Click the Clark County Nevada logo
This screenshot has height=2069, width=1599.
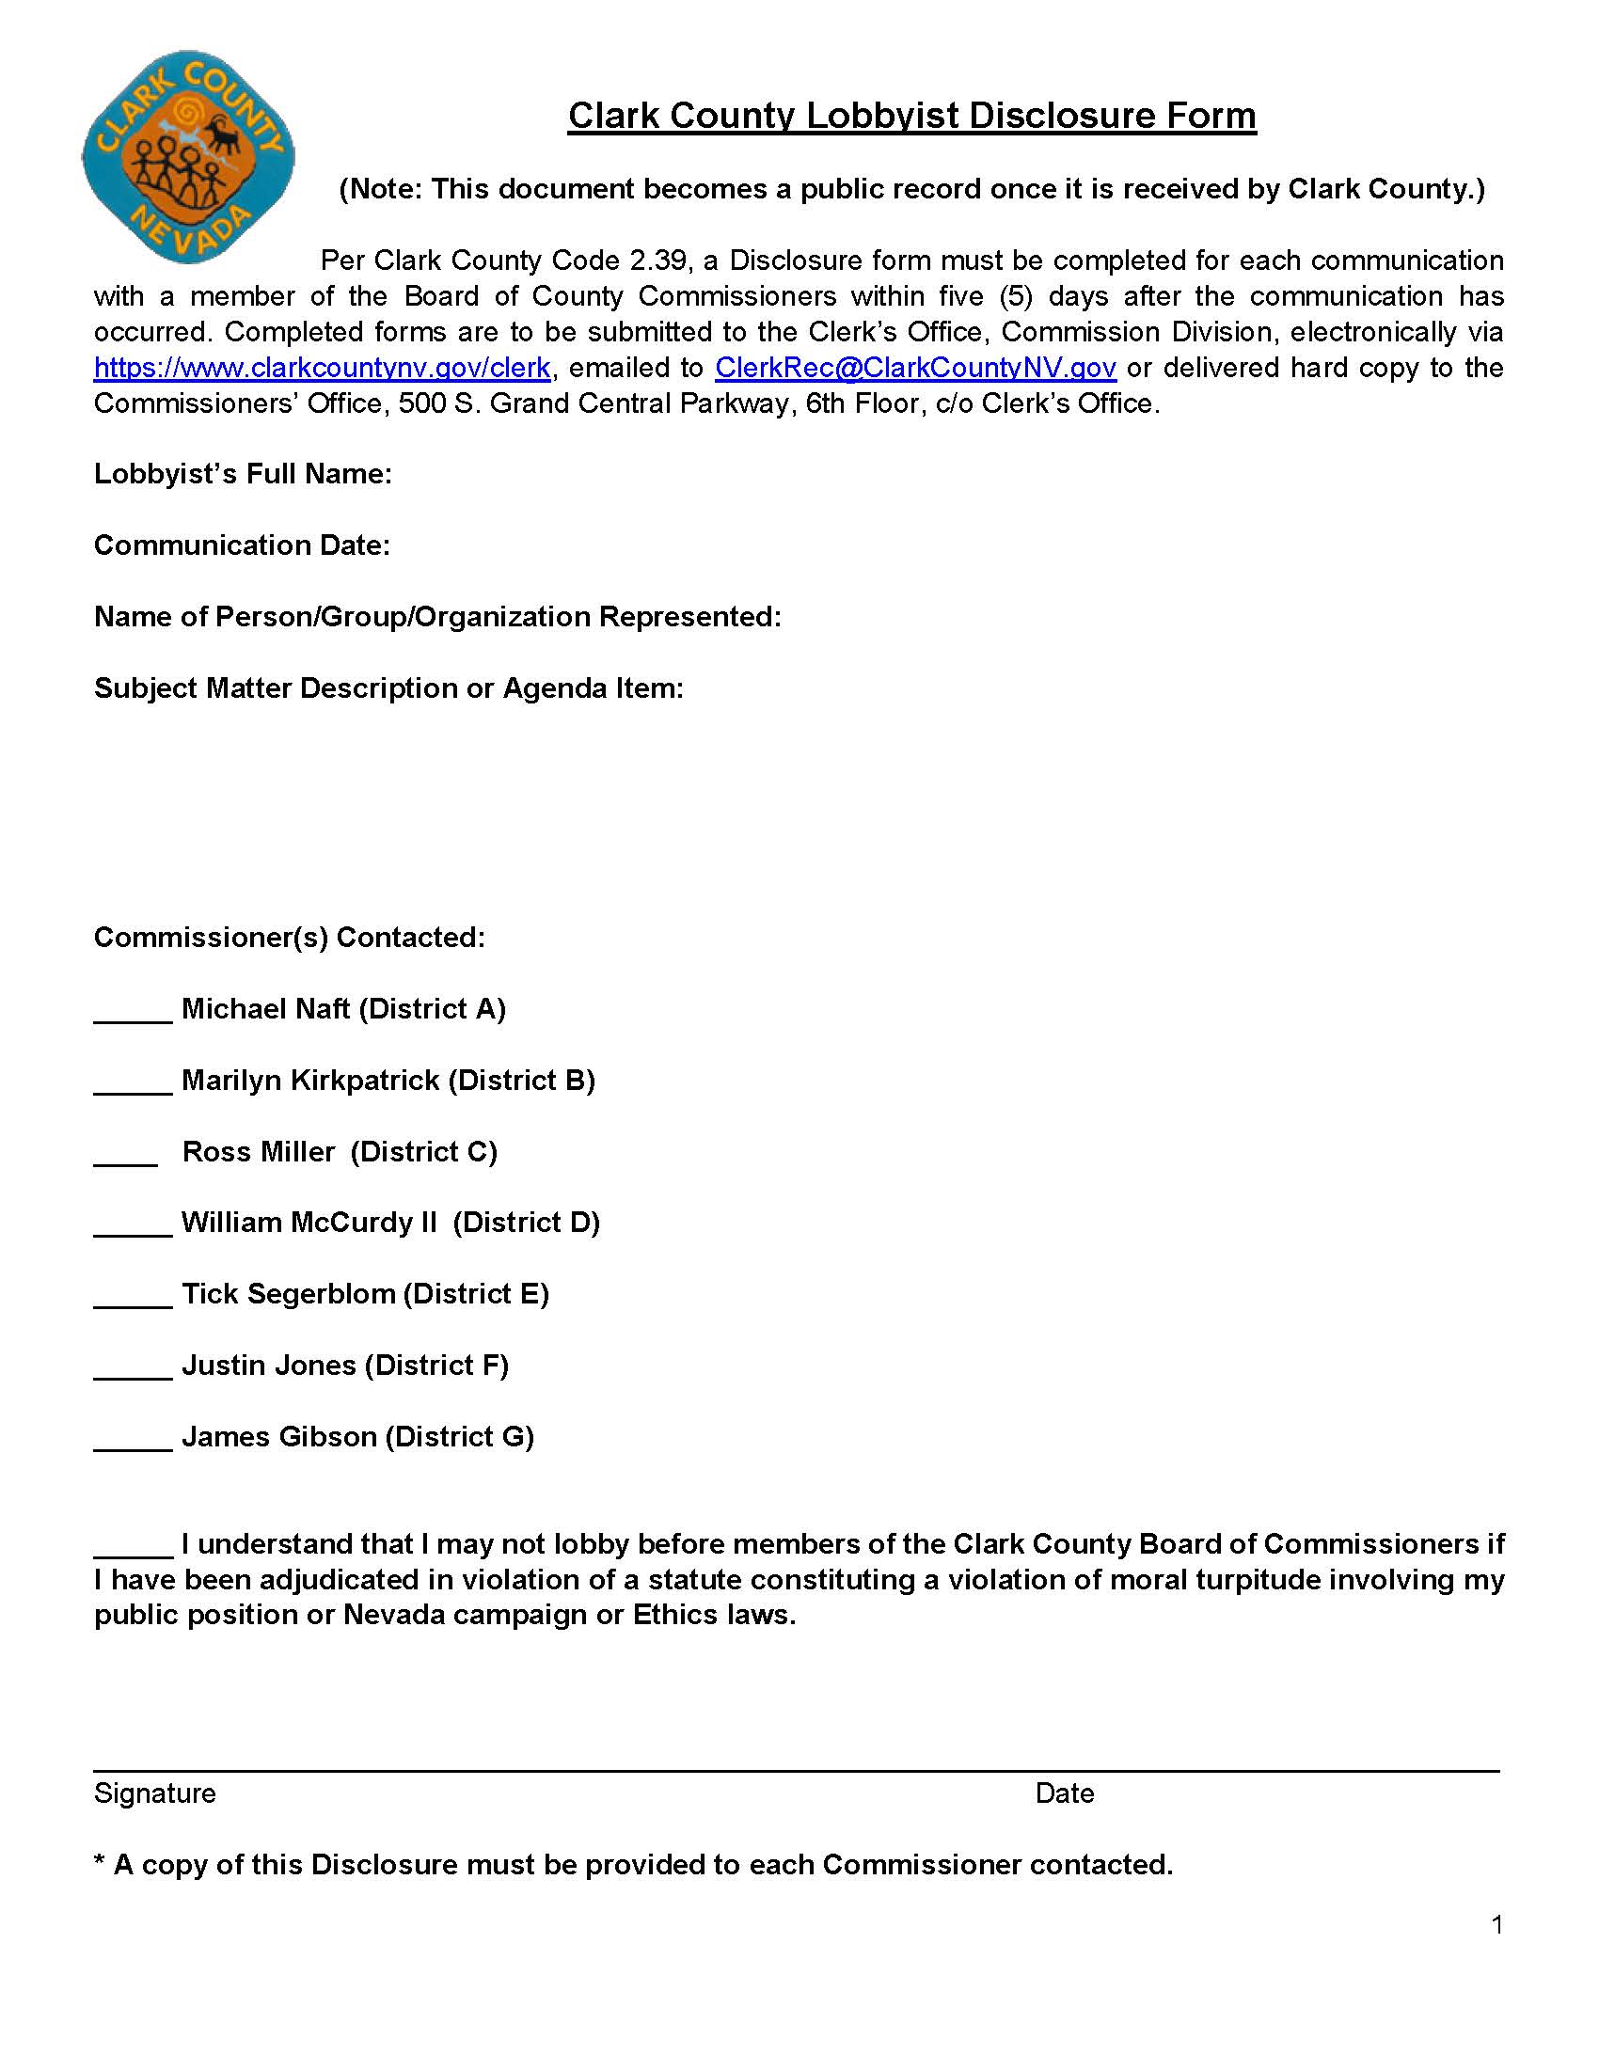[x=188, y=157]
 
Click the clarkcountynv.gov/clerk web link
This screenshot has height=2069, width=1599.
[x=321, y=368]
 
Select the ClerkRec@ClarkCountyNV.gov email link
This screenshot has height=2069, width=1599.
[x=915, y=368]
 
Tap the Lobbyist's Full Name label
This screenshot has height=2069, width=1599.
[x=243, y=474]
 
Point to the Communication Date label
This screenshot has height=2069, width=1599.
[x=242, y=545]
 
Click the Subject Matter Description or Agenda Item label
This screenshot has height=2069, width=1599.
[x=388, y=687]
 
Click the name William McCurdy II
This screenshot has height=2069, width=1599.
[x=309, y=1222]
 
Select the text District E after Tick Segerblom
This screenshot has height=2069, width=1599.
[x=477, y=1294]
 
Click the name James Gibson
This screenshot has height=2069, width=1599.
[x=279, y=1437]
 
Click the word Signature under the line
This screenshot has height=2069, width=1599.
[x=154, y=1793]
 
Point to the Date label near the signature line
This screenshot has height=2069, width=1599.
[x=1064, y=1793]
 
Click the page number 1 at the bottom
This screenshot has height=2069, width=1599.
[x=1496, y=1924]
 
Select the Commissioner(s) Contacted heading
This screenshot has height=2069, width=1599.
[x=289, y=938]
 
